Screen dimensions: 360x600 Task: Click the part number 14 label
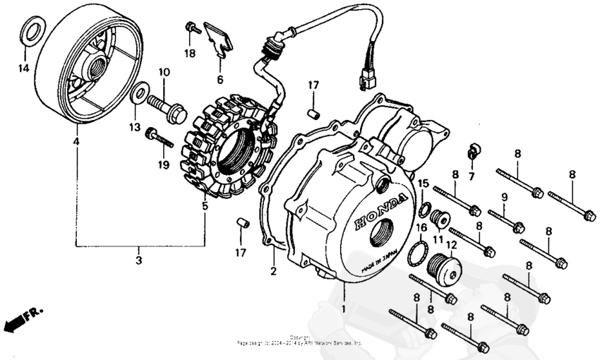click(x=23, y=68)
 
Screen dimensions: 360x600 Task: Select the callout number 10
click(x=164, y=72)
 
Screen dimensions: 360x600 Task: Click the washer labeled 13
click(x=140, y=92)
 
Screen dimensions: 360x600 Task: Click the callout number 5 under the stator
click(x=205, y=207)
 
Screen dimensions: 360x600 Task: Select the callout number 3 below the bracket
click(x=139, y=261)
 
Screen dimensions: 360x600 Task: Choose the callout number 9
click(x=505, y=196)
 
